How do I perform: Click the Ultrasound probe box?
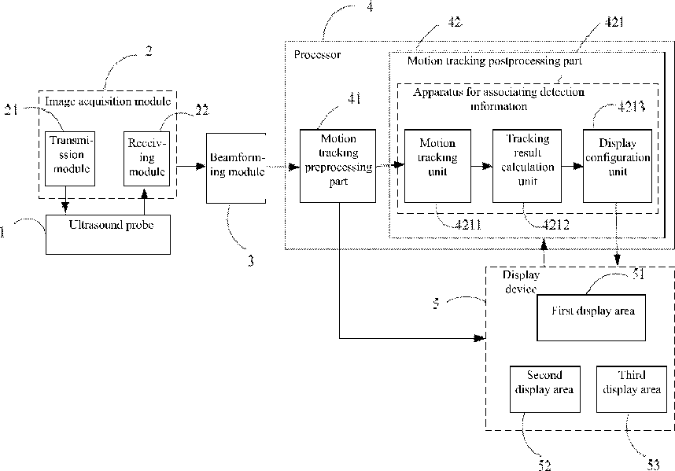point(108,234)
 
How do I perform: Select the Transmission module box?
point(70,159)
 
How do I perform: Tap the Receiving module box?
point(147,159)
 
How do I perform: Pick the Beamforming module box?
point(236,167)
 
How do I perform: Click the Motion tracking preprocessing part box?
point(338,166)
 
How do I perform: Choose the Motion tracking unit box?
point(437,166)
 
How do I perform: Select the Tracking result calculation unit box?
point(527,166)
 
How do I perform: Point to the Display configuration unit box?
point(618,166)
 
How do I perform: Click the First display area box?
point(592,318)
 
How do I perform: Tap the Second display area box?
point(545,389)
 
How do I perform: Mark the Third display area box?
point(632,389)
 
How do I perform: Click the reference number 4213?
point(631,106)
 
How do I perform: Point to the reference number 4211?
point(468,224)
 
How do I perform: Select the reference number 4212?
point(555,224)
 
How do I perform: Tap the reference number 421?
point(614,22)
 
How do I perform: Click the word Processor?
point(317,54)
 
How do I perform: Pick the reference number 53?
point(654,465)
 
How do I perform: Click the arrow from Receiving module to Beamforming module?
point(191,166)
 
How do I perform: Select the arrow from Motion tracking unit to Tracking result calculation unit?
point(482,166)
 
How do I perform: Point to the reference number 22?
point(202,110)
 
